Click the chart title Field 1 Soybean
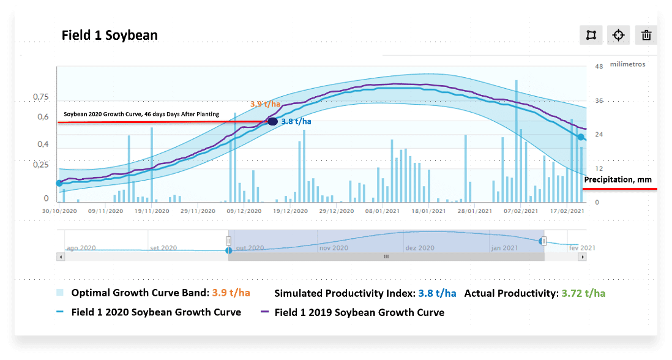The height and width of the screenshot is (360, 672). (x=110, y=35)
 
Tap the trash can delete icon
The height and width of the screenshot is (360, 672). (x=646, y=35)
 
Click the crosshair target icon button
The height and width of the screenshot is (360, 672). (x=618, y=35)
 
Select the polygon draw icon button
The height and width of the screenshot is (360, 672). (x=591, y=35)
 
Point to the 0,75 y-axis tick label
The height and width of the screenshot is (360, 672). (x=40, y=97)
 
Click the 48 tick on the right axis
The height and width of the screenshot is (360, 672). (x=599, y=66)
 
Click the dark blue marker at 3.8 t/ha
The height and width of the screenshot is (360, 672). (x=273, y=122)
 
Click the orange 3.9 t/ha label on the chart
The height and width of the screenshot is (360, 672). (x=264, y=104)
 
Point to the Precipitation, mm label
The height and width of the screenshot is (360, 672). (x=618, y=179)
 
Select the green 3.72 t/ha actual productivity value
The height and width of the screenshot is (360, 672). (x=583, y=293)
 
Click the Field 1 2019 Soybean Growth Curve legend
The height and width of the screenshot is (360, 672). (x=359, y=312)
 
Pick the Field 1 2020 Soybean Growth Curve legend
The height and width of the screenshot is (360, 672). (x=156, y=312)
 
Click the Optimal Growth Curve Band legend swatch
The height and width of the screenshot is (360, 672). (x=59, y=293)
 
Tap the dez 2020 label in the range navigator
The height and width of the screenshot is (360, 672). (x=420, y=248)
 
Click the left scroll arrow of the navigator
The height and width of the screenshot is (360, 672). (x=60, y=257)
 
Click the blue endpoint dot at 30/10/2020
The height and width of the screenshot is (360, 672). (x=59, y=183)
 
